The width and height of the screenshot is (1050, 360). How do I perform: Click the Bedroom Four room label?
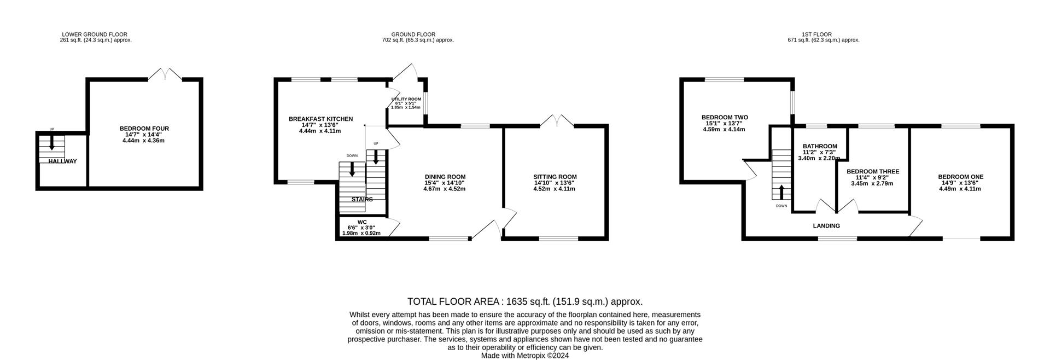144,129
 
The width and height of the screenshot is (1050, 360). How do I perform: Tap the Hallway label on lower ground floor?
62,161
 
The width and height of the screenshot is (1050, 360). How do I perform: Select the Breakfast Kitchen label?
320,119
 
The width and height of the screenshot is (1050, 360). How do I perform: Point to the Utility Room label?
406,99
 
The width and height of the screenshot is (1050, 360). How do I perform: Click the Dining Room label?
445,177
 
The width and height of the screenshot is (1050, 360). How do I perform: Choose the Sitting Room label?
555,177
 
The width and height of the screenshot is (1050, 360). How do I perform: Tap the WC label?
361,222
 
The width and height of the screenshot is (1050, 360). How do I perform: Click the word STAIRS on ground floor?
362,200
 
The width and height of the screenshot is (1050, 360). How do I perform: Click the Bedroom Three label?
872,172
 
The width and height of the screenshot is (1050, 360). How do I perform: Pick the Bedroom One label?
960,177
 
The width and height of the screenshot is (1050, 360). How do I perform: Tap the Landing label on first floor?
826,226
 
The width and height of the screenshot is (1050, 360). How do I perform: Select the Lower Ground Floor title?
95,34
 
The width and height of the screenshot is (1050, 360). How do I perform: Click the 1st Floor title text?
824,34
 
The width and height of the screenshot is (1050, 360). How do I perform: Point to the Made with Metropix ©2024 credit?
525,356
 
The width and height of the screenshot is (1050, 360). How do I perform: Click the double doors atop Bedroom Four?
165,74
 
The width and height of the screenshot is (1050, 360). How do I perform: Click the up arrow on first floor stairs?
781,191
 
